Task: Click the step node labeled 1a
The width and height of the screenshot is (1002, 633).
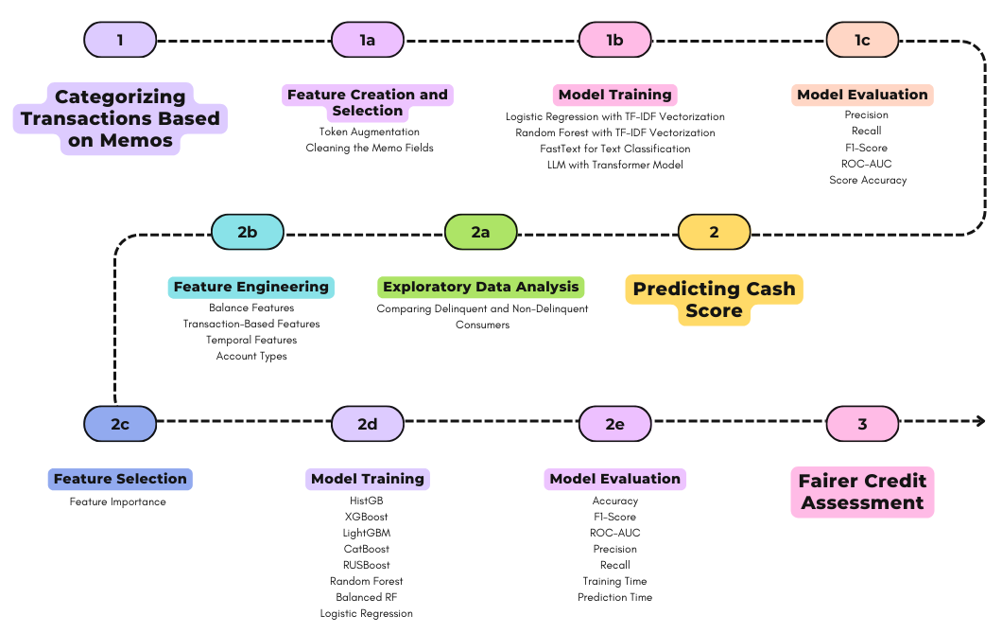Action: [368, 41]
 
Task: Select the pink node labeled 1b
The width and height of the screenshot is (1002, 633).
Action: [614, 41]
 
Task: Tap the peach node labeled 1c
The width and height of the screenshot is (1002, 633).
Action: [862, 41]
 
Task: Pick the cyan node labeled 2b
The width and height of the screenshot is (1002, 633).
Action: [248, 232]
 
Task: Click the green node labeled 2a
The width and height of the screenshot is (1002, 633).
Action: [480, 232]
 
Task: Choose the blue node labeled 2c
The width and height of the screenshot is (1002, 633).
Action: [120, 424]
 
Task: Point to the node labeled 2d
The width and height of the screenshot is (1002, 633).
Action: [368, 424]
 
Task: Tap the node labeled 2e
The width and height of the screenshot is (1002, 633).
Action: [614, 424]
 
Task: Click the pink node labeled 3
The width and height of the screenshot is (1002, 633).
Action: [862, 424]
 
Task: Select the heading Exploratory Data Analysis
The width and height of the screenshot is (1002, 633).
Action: [480, 287]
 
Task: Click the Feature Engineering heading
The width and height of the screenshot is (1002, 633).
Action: [251, 287]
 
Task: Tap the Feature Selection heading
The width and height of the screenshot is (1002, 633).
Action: [120, 479]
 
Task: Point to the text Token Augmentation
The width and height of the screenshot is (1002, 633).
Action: [370, 132]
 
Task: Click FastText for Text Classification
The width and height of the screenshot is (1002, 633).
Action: [614, 149]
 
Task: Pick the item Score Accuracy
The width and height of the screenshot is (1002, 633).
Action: [868, 181]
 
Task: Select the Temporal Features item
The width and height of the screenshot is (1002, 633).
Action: [251, 341]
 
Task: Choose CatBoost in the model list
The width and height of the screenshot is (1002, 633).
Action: [366, 549]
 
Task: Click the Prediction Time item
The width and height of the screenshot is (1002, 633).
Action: [614, 597]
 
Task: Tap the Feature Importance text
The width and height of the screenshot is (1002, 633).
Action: [117, 501]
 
